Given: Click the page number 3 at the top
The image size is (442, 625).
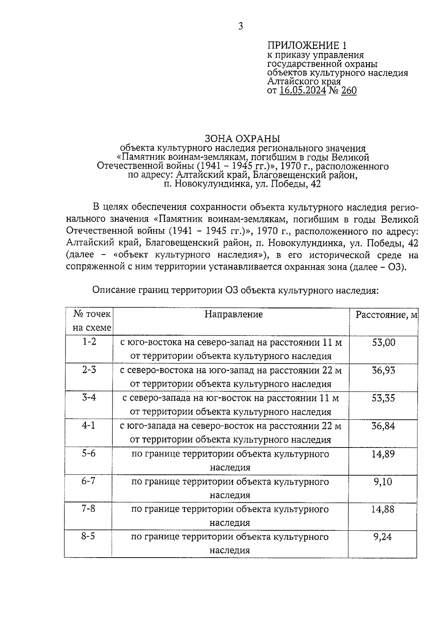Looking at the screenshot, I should click(241, 26).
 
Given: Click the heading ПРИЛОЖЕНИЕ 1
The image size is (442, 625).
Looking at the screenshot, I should click(306, 46).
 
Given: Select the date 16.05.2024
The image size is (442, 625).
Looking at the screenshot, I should click(302, 91).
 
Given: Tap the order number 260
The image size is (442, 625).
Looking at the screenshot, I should click(349, 91).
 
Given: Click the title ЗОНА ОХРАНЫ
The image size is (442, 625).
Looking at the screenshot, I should click(242, 139).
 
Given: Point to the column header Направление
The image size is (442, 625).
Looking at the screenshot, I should click(234, 314).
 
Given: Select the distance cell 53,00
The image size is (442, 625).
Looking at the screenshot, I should click(383, 343).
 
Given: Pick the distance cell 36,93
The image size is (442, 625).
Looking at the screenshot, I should click(383, 370).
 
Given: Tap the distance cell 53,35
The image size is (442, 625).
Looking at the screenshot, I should click(383, 398).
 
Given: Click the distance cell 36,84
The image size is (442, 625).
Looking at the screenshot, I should click(383, 426).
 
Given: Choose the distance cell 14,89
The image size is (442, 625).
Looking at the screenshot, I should click(383, 454).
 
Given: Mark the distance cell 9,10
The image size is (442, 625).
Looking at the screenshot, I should click(383, 481).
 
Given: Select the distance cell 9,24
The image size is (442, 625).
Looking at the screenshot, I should click(383, 537).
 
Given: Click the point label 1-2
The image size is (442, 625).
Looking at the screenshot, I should click(89, 342).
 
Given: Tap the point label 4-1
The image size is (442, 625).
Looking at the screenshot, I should click(88, 425).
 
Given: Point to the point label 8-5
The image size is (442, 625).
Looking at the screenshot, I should click(88, 536).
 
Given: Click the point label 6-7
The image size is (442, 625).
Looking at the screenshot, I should click(88, 481).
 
